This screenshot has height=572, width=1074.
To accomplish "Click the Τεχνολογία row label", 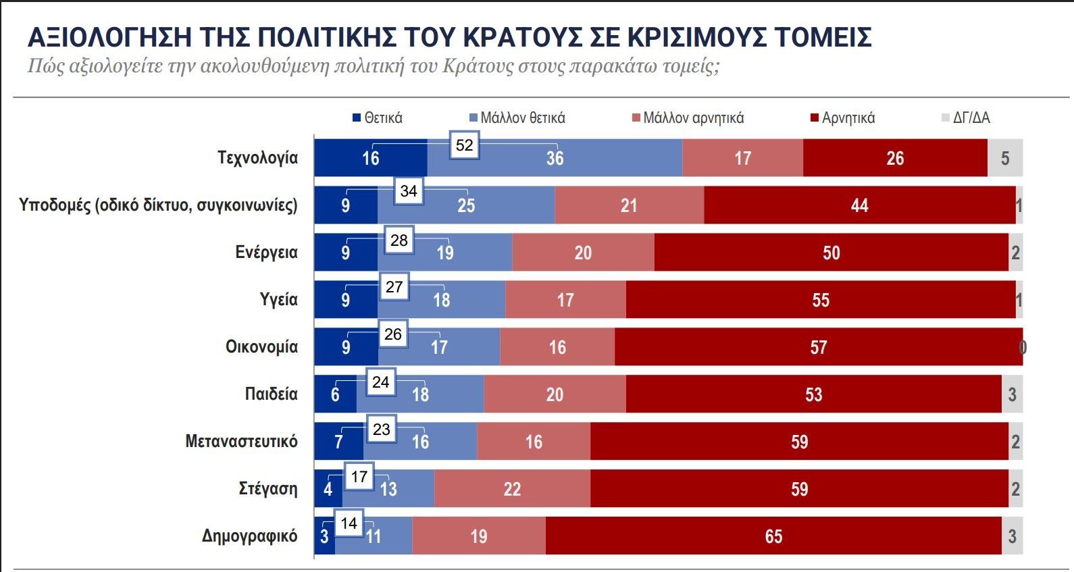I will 257,158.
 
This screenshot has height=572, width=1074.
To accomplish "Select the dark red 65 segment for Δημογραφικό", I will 773,536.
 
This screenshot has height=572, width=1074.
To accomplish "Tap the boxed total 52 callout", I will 465,145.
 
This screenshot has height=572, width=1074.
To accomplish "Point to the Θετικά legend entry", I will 378,118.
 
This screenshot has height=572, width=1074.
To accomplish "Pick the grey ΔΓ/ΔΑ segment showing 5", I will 1005,158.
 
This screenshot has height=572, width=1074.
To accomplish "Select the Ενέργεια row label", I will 266,253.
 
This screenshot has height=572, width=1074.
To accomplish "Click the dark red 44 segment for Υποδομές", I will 859,205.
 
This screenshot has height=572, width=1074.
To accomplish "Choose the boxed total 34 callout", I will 409,191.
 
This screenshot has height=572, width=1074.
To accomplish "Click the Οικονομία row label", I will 261,347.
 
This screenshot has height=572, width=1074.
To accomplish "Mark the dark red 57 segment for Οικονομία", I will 818,347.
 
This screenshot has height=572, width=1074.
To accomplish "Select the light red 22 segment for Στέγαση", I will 512,489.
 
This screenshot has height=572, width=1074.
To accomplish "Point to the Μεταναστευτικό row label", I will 241,442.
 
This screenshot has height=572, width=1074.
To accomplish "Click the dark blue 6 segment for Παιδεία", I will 335,394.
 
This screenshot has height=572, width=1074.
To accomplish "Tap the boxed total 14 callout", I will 349,523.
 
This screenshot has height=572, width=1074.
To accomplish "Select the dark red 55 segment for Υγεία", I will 820,300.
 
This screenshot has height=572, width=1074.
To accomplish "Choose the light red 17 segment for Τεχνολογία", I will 742,158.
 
